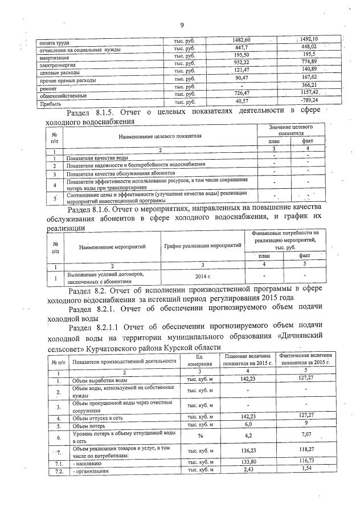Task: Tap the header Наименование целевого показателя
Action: coord(160,136)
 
